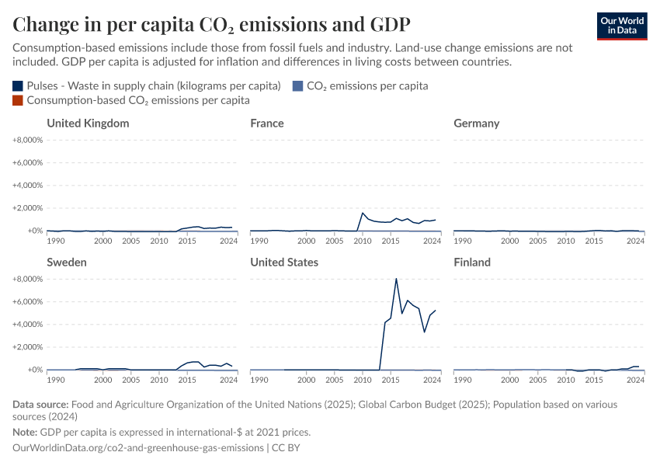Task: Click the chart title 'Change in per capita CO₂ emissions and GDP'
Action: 211,24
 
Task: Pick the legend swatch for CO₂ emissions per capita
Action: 299,86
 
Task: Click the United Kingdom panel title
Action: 88,123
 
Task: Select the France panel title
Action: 267,123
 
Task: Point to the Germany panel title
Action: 477,123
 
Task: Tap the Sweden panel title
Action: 67,263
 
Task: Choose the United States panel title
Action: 284,263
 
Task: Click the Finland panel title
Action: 472,263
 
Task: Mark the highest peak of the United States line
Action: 396,279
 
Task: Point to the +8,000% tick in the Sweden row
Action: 27,279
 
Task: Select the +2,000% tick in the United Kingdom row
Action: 27,208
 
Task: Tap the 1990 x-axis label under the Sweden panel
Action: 56,381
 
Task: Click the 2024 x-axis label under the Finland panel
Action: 635,381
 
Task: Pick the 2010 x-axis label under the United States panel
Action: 363,381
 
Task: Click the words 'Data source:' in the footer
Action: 40,405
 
